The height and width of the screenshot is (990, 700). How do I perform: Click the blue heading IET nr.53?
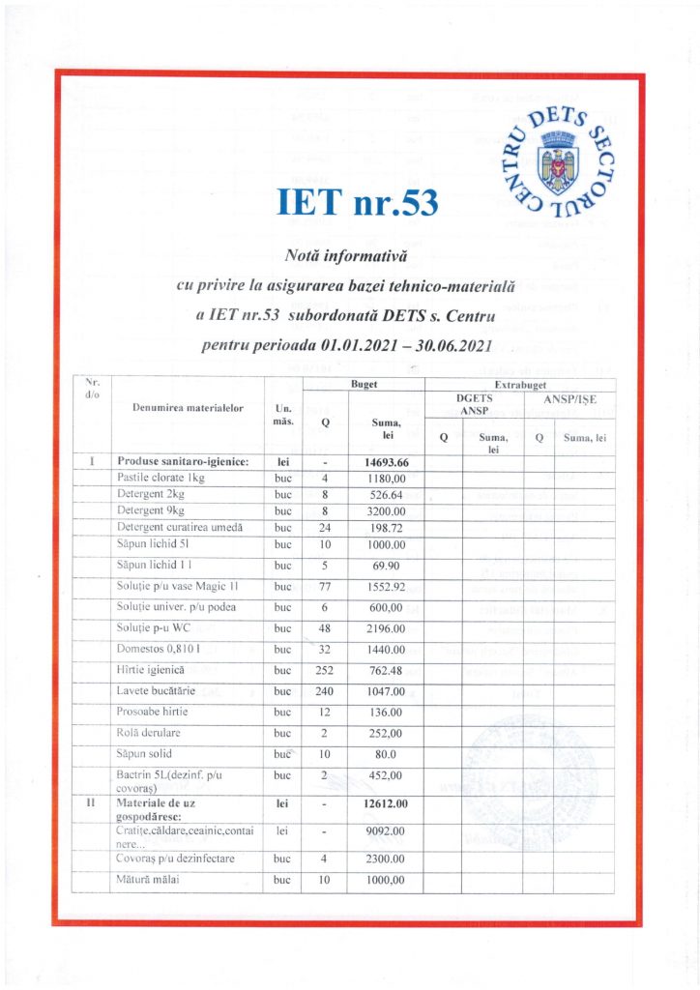358,203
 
